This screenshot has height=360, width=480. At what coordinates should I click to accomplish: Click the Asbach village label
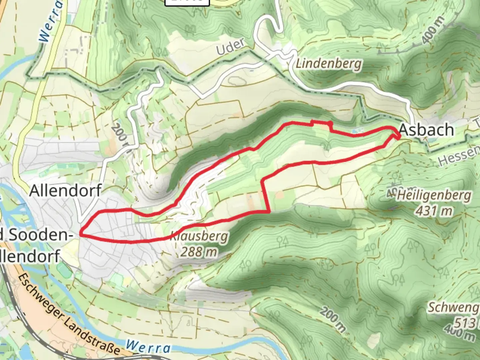click(x=426, y=130)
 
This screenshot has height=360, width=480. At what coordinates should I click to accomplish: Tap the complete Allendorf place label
click(x=65, y=191)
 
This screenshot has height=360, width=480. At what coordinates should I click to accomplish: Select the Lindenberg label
click(x=328, y=63)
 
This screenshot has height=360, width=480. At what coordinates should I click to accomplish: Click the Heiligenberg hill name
click(x=434, y=195)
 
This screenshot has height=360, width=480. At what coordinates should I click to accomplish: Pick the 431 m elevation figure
click(x=434, y=211)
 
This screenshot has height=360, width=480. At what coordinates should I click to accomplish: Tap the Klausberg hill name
click(x=199, y=237)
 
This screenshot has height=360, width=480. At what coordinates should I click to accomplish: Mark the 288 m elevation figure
click(x=199, y=252)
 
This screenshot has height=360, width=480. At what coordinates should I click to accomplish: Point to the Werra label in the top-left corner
click(x=51, y=22)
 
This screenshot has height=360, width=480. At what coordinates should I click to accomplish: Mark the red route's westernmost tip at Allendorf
click(x=80, y=234)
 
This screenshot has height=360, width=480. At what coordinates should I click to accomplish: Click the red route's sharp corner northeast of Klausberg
click(x=269, y=212)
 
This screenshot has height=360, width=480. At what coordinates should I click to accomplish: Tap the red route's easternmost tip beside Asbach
click(x=399, y=136)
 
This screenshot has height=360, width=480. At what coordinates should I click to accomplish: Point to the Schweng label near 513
click(x=453, y=307)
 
